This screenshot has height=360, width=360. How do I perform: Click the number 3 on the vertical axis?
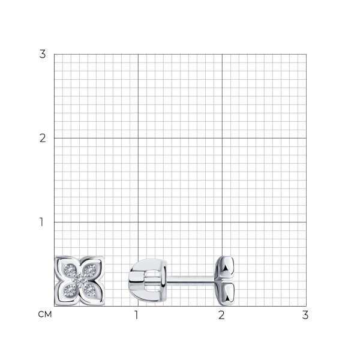tap(43, 54)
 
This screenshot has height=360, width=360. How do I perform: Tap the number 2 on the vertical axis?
tap(43, 139)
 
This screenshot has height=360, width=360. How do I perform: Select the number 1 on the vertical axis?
tap(41, 222)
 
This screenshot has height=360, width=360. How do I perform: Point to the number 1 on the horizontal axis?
tap(136, 315)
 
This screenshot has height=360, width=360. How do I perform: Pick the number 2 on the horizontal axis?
tap(221, 315)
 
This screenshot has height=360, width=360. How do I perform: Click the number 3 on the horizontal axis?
tap(305, 315)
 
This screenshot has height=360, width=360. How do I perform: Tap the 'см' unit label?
tap(45, 314)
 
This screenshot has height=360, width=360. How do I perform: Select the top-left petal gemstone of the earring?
tap(70, 271)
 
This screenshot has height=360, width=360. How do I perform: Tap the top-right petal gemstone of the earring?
tap(89, 271)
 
